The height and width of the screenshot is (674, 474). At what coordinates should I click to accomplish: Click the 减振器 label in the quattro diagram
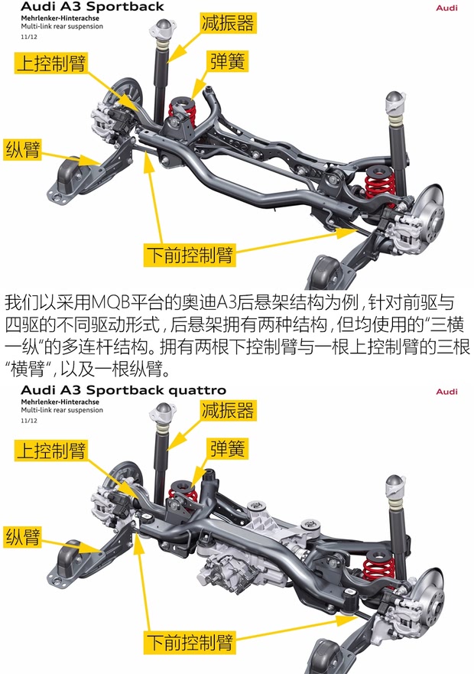228,411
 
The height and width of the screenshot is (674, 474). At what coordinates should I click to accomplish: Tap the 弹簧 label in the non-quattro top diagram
228,61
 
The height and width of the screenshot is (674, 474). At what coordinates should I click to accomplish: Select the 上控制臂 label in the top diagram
51,62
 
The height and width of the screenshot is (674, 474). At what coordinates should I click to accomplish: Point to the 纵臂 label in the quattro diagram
23,536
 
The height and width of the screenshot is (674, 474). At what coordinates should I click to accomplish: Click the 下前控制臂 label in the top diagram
189,252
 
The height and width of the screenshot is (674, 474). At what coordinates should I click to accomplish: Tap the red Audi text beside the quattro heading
446,392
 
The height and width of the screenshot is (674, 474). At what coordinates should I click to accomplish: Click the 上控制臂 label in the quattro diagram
51,450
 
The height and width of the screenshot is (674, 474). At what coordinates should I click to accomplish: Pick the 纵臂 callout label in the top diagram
23,148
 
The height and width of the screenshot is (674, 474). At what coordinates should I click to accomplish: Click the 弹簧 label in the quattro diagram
228,449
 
